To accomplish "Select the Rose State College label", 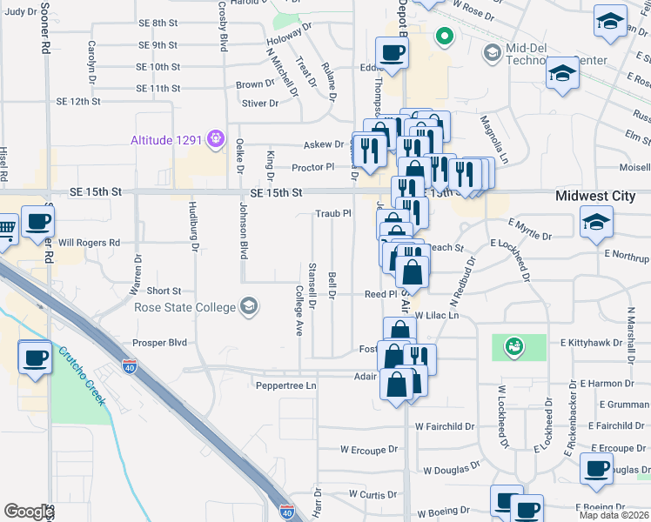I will pyautogui.click(x=185, y=306).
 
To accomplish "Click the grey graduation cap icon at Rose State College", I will pyautogui.click(x=250, y=305).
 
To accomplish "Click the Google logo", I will pyautogui.click(x=29, y=512).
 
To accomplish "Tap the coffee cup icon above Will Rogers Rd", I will pyautogui.click(x=37, y=222).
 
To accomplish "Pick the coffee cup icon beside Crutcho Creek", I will pyautogui.click(x=35, y=358).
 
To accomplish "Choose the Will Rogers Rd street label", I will pyautogui.click(x=89, y=244).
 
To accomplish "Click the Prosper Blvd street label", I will pyautogui.click(x=160, y=343).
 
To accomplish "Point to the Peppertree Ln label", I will pyautogui.click(x=284, y=384).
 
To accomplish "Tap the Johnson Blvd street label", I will pyautogui.click(x=244, y=232).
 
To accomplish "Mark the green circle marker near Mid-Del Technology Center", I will pyautogui.click(x=445, y=37).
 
